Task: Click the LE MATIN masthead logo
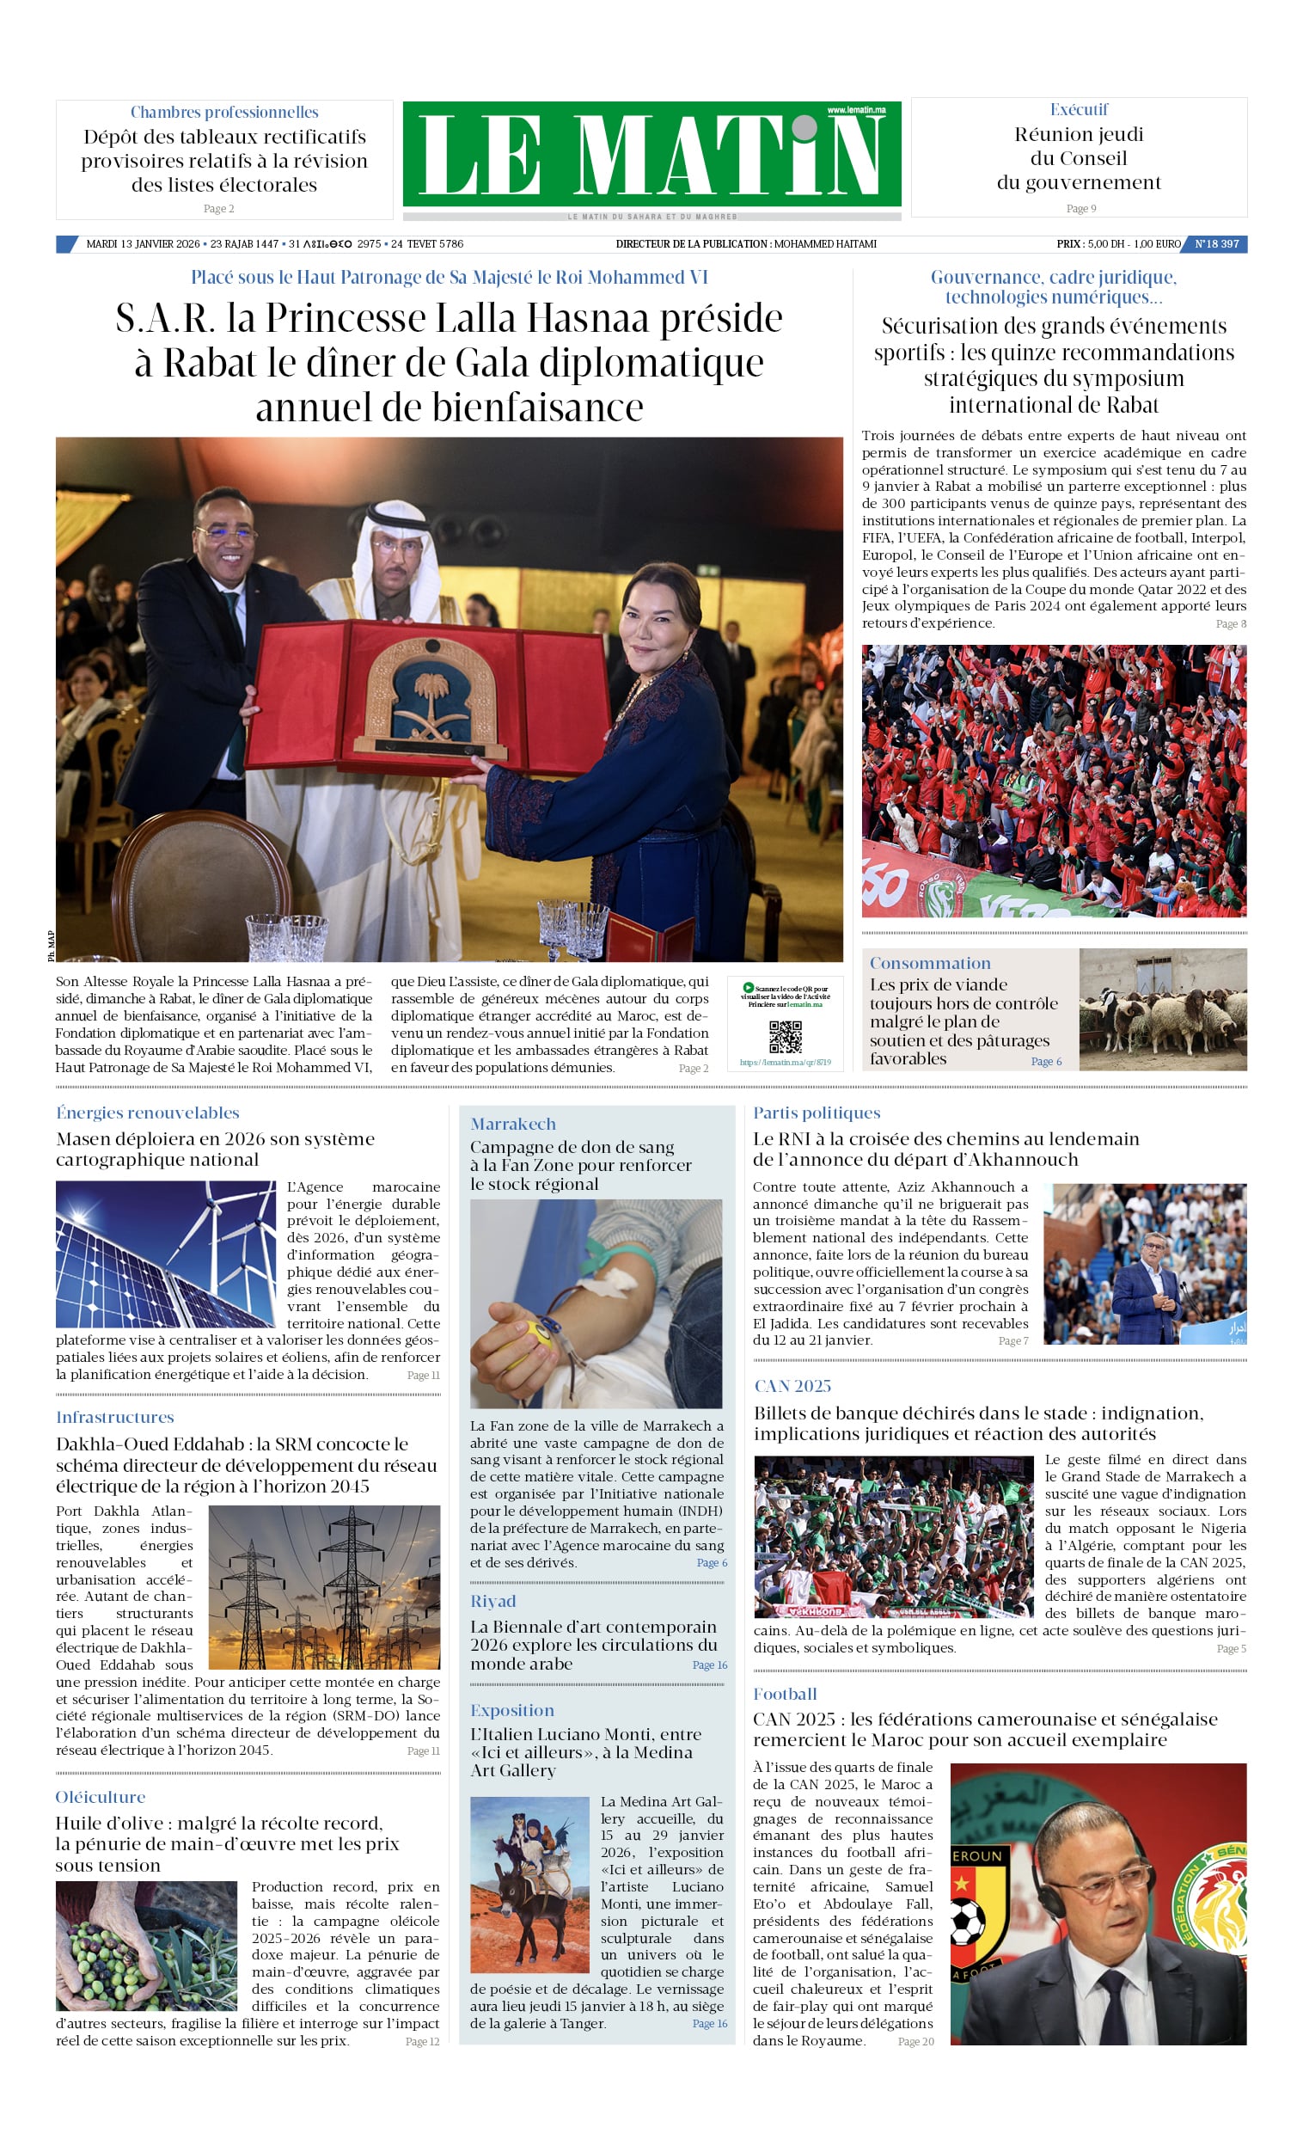(x=651, y=155)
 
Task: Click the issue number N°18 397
(x=1216, y=244)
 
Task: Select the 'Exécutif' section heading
(x=1079, y=110)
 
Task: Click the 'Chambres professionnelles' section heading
(x=224, y=113)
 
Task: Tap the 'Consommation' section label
(x=929, y=963)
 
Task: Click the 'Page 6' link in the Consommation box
(x=1045, y=1061)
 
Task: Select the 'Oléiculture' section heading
(x=101, y=1797)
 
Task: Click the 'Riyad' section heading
(x=492, y=1601)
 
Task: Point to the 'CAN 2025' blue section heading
(x=792, y=1386)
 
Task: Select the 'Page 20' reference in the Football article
(x=915, y=2041)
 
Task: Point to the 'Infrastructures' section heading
(x=114, y=1418)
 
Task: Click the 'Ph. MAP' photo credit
(x=51, y=946)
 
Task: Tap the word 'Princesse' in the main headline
(x=346, y=318)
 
